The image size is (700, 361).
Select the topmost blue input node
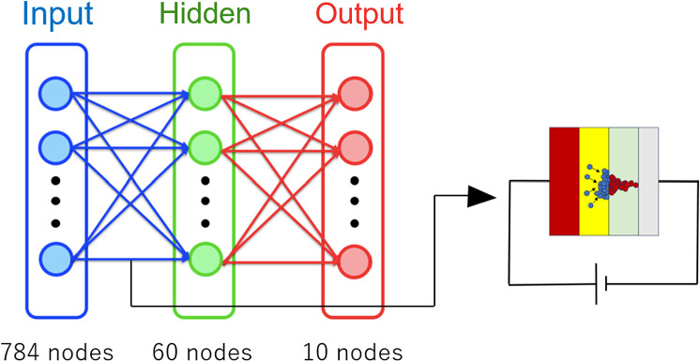(x=54, y=94)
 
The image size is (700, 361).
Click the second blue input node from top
(x=54, y=146)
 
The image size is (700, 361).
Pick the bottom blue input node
(x=54, y=258)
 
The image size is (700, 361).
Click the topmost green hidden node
(x=204, y=94)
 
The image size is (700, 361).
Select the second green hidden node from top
(x=204, y=146)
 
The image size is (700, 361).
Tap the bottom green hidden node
(x=204, y=258)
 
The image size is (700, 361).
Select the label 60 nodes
(x=202, y=350)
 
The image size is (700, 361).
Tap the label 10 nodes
(x=352, y=350)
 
